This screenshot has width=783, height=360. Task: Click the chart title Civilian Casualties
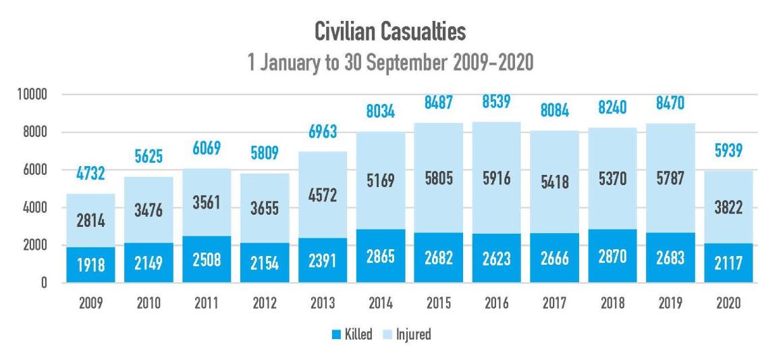pyautogui.click(x=391, y=31)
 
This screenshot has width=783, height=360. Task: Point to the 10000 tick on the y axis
pyautogui.click(x=27, y=95)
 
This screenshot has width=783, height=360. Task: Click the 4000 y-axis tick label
pyautogui.click(x=31, y=208)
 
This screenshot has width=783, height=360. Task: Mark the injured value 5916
pyautogui.click(x=496, y=180)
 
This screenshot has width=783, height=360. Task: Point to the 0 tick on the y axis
pyautogui.click(x=42, y=284)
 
